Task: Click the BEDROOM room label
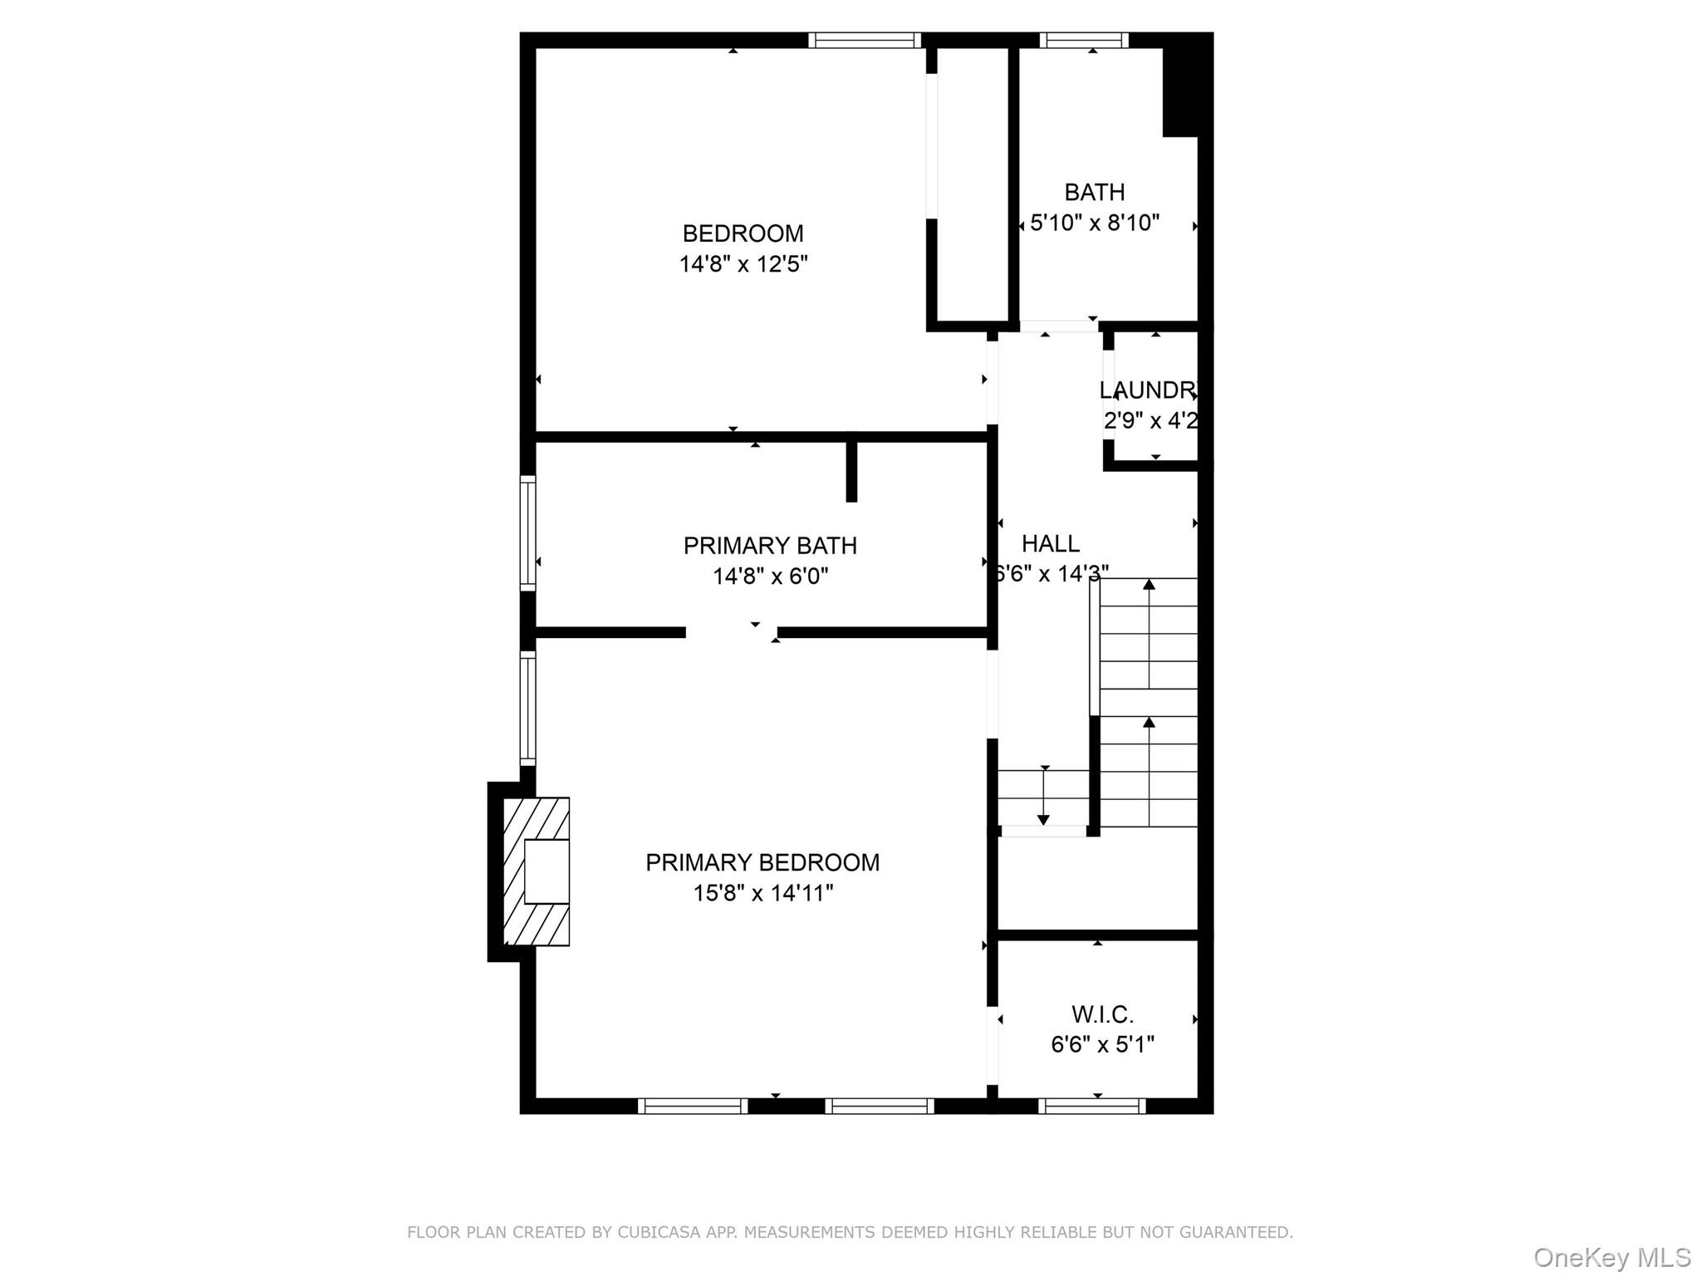click(x=743, y=233)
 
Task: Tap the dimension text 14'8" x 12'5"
click(x=743, y=264)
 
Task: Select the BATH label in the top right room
click(x=1094, y=192)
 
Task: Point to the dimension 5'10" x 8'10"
click(x=1094, y=223)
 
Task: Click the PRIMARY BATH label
click(x=769, y=546)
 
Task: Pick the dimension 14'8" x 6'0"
click(x=769, y=576)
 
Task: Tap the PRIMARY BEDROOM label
click(x=762, y=862)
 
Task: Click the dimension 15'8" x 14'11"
click(x=762, y=893)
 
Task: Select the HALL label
click(x=1050, y=543)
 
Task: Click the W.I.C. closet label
click(x=1101, y=1014)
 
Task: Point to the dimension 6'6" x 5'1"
click(x=1101, y=1044)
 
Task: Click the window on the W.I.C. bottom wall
click(x=1091, y=1106)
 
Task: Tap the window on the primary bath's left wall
click(x=527, y=532)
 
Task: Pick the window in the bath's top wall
click(x=1083, y=40)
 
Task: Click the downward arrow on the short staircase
click(x=1044, y=818)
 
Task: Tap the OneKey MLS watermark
click(x=1611, y=1257)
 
